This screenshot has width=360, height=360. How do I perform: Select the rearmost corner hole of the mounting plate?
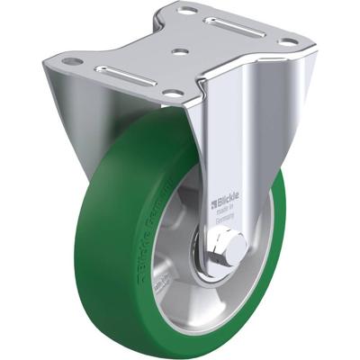click(188, 11)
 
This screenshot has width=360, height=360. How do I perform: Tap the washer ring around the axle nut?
click(216, 256)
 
